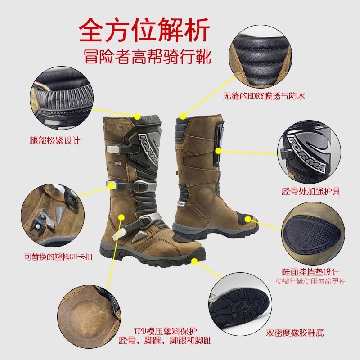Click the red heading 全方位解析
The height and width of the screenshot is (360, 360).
point(144,31)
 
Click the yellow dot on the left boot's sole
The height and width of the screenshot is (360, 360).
point(194,260)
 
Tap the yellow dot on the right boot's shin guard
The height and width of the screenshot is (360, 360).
point(218,150)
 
